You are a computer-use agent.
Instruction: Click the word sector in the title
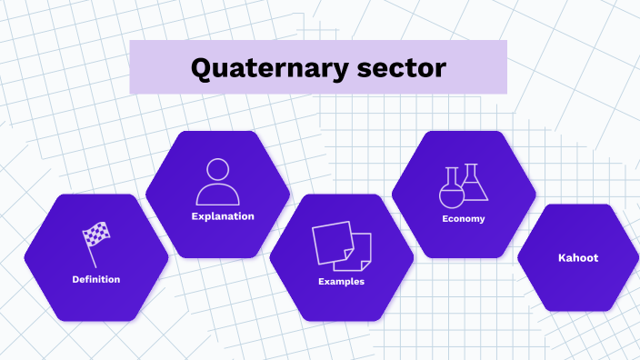coord(405,68)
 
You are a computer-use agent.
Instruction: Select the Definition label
coord(96,279)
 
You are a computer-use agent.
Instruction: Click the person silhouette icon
coord(217,181)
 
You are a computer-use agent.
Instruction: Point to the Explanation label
coord(223,216)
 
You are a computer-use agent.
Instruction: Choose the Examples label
coord(342,282)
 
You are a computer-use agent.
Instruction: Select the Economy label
coord(464,219)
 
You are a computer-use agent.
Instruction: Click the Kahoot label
coord(578,258)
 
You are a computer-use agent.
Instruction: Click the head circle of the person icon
coord(217,170)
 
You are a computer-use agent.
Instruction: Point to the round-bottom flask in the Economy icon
coord(452,190)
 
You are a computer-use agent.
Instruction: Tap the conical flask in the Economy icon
coord(474,185)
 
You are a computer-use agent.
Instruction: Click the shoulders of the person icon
coord(217,195)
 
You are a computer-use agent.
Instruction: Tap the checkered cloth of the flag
coord(96,235)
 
